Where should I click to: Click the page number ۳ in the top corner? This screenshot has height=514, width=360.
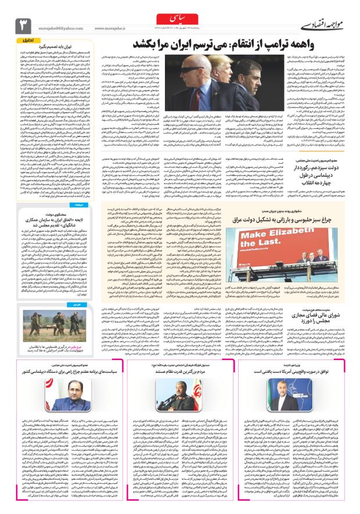tap(23, 25)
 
